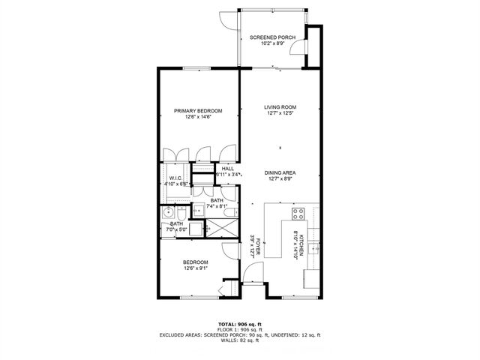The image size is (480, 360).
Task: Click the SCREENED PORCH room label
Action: [x=272, y=37]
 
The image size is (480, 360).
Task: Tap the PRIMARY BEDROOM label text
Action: [x=198, y=111]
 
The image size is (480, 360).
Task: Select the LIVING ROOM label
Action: [x=280, y=107]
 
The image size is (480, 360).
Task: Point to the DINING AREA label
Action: [x=280, y=172]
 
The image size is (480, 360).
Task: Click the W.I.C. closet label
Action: [x=176, y=178]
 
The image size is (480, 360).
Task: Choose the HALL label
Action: [x=227, y=169]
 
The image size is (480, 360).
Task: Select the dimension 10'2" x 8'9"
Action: [x=272, y=43]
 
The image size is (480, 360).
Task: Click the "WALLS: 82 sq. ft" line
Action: [x=239, y=340]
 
